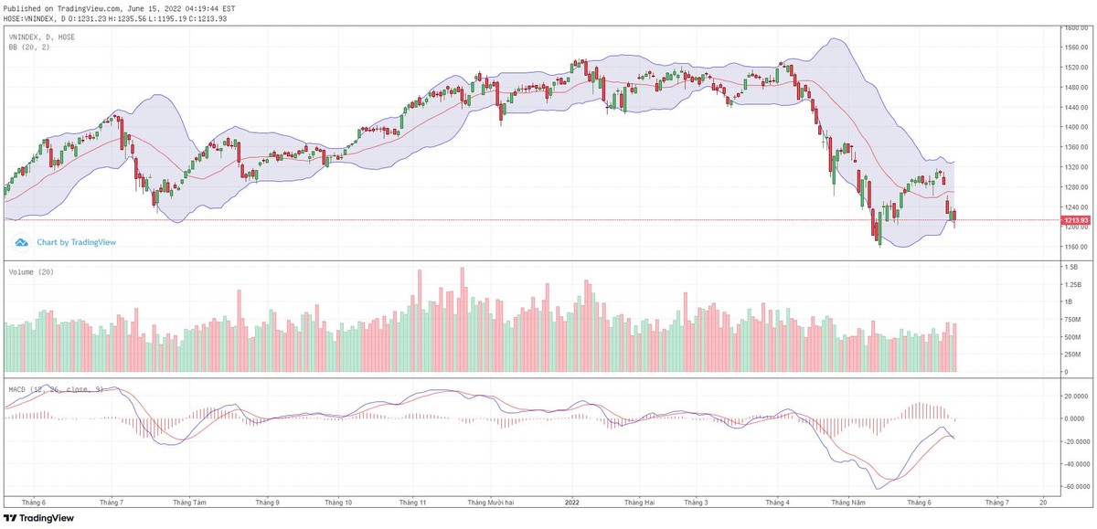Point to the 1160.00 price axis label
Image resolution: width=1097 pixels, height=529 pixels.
[x=1074, y=247]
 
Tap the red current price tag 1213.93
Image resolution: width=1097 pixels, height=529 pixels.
[x=1075, y=220]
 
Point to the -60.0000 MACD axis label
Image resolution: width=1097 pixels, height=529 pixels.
[x=1075, y=487]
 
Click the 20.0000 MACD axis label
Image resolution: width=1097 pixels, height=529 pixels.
[x=1075, y=397]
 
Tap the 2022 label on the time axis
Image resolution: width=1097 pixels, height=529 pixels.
[x=572, y=503]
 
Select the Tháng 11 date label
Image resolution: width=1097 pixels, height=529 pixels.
[x=412, y=503]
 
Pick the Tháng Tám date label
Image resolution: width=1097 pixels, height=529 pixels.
[x=188, y=503]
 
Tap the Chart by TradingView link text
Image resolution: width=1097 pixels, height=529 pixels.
[x=77, y=243]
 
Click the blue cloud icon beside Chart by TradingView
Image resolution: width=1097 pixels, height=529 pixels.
[x=22, y=243]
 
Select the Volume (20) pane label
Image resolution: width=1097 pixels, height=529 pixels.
[x=29, y=272]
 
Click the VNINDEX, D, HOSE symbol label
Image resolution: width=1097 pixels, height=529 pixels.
[x=41, y=37]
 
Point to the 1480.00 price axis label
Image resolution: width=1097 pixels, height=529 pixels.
[x=1074, y=88]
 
